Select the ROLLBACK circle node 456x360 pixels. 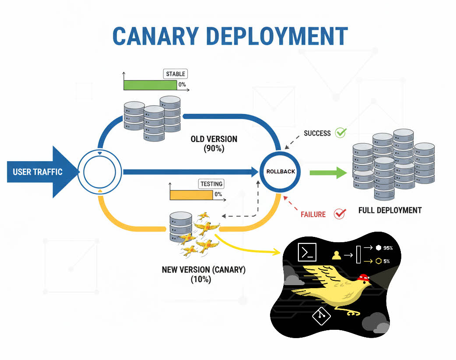pos(281,172)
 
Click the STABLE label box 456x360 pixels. pos(175,74)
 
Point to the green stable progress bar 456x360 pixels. pos(150,85)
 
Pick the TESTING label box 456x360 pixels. pos(211,184)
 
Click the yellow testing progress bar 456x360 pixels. pos(191,195)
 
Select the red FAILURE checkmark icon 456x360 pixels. pos(340,214)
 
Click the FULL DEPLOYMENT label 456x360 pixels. pos(390,211)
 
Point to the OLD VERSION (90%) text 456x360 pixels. pos(214,144)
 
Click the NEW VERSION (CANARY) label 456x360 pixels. pos(203,274)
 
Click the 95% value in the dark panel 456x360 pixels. pos(388,248)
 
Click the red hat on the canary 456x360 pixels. pos(363,277)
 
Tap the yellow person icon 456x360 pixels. pos(336,255)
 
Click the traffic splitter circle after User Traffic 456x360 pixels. pos(100,172)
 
